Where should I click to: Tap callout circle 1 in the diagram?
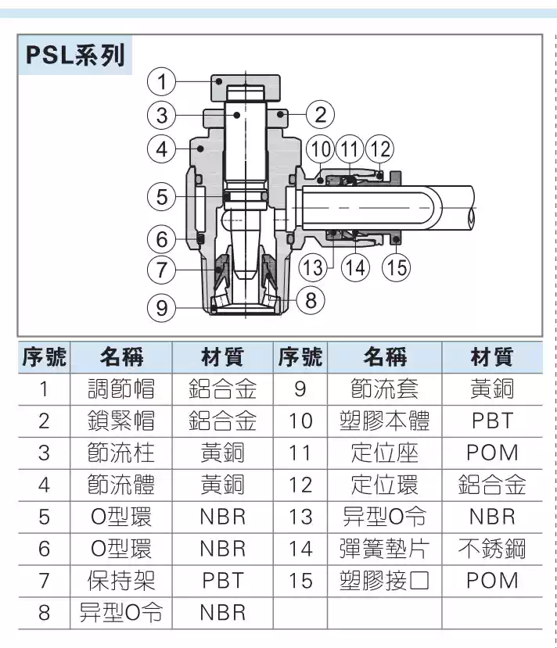pos(161,81)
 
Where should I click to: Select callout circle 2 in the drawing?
pos(319,115)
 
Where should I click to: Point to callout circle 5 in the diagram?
pos(161,196)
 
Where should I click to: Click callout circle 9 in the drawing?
pos(161,307)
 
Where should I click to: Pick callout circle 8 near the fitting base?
pos(311,299)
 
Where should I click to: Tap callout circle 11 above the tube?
pos(350,149)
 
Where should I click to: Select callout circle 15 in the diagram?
pos(397,267)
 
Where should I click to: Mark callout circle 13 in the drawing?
pos(313,267)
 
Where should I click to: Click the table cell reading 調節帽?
pos(120,388)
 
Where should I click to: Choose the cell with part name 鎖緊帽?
pos(120,421)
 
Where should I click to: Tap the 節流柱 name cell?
pos(120,453)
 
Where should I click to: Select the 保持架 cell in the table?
pos(120,581)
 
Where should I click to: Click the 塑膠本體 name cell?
pos(385,421)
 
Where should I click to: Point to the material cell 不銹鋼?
pos(492,549)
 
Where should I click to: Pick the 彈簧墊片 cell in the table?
pos(385,549)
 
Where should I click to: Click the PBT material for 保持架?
pos(222,581)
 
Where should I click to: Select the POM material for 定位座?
pos(492,453)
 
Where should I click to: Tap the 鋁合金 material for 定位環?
pos(492,485)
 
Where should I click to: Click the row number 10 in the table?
pos(300,421)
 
